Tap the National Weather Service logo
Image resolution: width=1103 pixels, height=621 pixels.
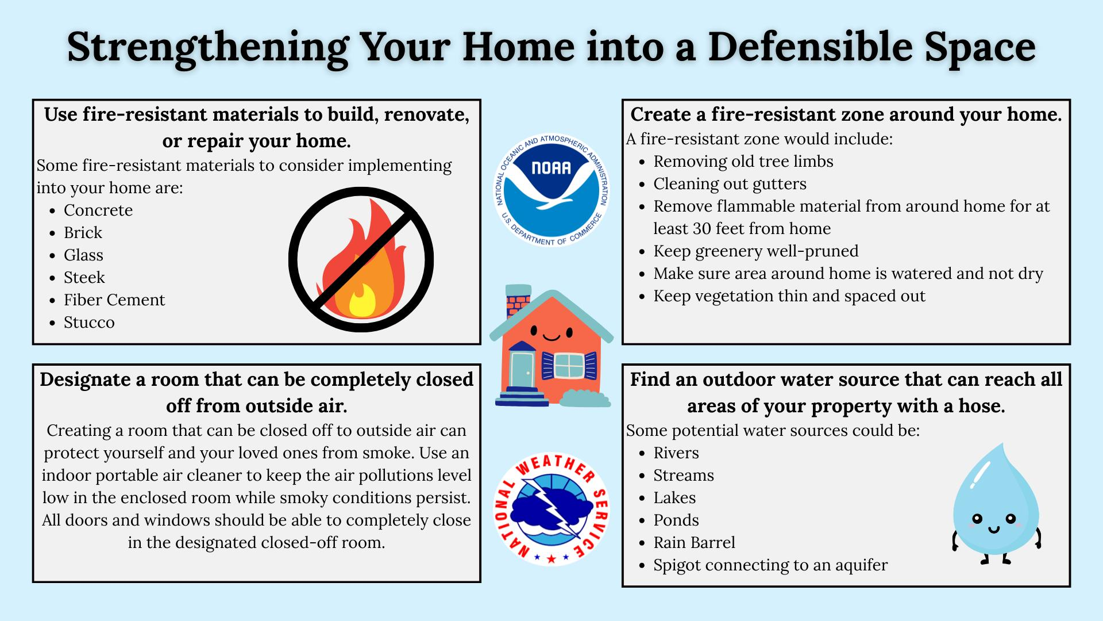[x=551, y=508]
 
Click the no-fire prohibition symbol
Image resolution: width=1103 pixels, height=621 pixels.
[x=361, y=259]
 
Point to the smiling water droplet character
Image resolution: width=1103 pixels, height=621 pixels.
[x=997, y=503]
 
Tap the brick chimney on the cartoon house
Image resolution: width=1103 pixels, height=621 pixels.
[x=518, y=299]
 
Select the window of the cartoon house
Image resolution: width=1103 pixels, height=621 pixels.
[x=569, y=366]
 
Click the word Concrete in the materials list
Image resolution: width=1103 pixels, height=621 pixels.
[x=98, y=210]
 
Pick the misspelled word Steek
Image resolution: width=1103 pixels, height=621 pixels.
[x=84, y=278]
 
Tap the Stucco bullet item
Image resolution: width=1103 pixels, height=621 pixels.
[x=89, y=323]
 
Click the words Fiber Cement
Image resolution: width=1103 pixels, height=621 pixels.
[x=114, y=300]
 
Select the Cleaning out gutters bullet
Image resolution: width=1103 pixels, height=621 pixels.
[x=730, y=184]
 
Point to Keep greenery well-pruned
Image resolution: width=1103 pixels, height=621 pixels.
[x=756, y=251]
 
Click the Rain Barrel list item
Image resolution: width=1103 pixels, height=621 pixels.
[x=694, y=543]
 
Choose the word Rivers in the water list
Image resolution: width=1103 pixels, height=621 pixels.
[x=676, y=453]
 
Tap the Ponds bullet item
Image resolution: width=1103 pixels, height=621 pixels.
[x=676, y=520]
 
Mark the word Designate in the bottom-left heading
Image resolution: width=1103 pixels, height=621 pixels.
[x=83, y=380]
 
